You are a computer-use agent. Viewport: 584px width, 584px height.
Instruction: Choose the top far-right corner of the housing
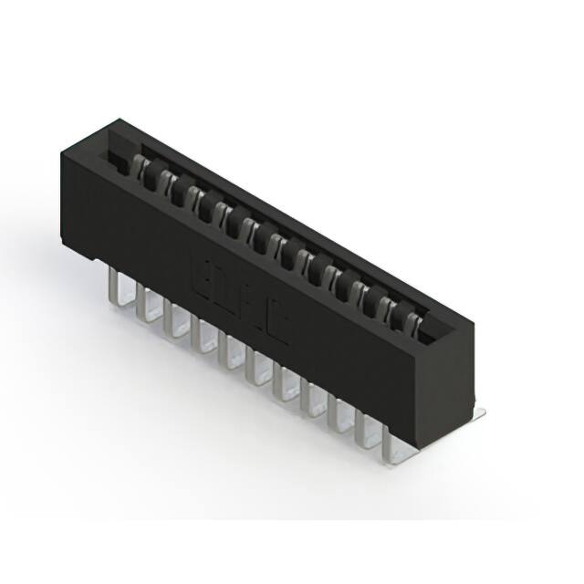click(474, 322)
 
